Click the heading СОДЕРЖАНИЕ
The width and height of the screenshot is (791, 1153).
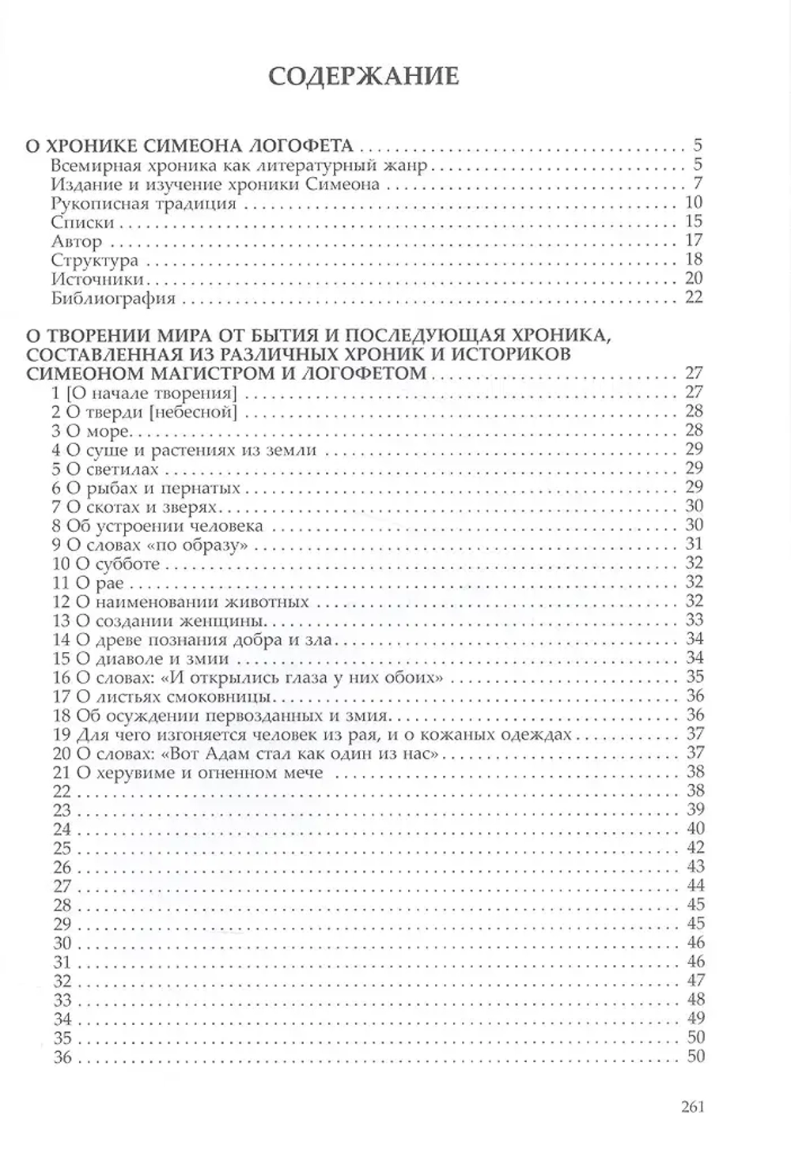pyautogui.click(x=363, y=76)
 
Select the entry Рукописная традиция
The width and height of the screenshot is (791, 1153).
pyautogui.click(x=142, y=203)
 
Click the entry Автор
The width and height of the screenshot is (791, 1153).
pyautogui.click(x=76, y=241)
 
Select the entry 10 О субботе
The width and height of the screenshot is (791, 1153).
pyautogui.click(x=106, y=563)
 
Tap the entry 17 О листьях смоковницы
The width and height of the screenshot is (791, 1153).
pyautogui.click(x=163, y=696)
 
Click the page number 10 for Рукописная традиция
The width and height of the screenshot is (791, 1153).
pyautogui.click(x=693, y=202)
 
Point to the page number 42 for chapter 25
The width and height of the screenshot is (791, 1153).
pyautogui.click(x=694, y=847)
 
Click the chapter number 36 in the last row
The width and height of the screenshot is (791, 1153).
pyautogui.click(x=62, y=1057)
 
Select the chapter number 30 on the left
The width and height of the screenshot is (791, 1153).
pyautogui.click(x=62, y=943)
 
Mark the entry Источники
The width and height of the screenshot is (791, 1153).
pyautogui.click(x=97, y=279)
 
